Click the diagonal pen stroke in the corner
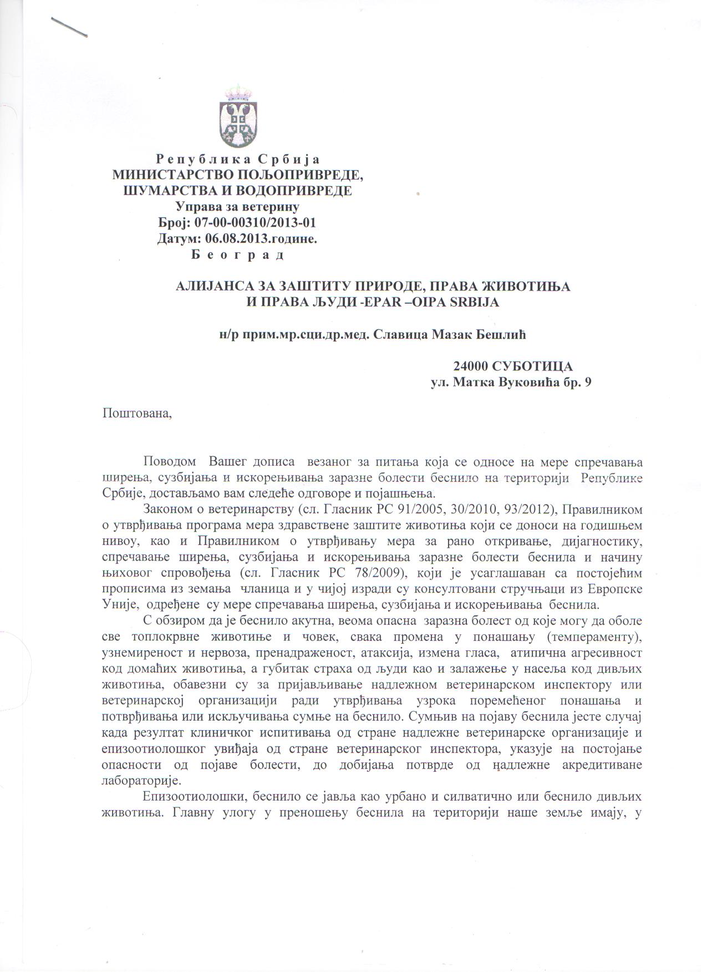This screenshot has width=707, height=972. [x=69, y=27]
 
